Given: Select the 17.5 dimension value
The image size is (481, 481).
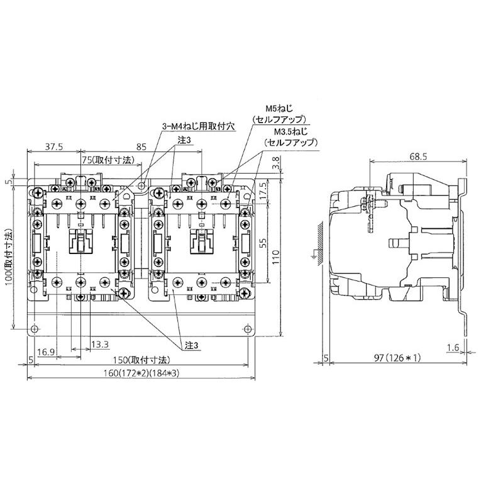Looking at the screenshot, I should coord(263,189).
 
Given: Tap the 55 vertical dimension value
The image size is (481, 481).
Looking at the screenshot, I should coord(263,241).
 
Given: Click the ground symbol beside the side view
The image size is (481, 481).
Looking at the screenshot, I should coord(314,255).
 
